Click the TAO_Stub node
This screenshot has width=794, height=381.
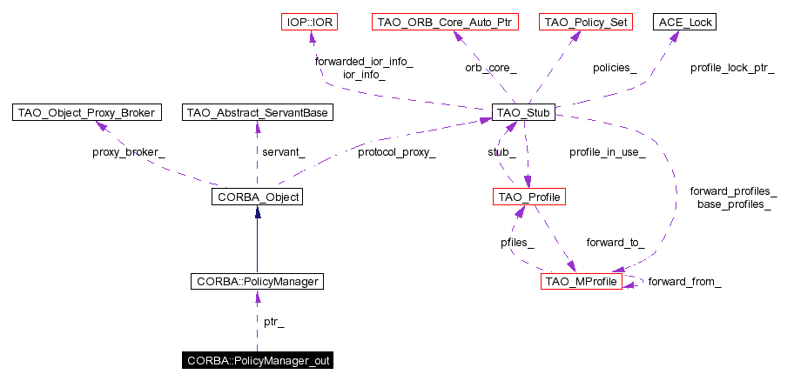click(523, 112)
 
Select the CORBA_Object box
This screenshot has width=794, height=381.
click(256, 197)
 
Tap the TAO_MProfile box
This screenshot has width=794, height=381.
click(582, 282)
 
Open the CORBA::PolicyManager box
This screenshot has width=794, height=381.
click(256, 282)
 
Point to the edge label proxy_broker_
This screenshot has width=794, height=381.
click(129, 152)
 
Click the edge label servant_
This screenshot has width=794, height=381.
click(284, 152)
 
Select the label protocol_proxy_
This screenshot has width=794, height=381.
click(396, 152)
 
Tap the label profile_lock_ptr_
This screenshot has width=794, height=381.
click(732, 67)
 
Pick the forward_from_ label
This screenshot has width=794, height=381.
click(684, 282)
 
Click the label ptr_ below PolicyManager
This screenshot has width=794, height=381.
click(274, 322)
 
